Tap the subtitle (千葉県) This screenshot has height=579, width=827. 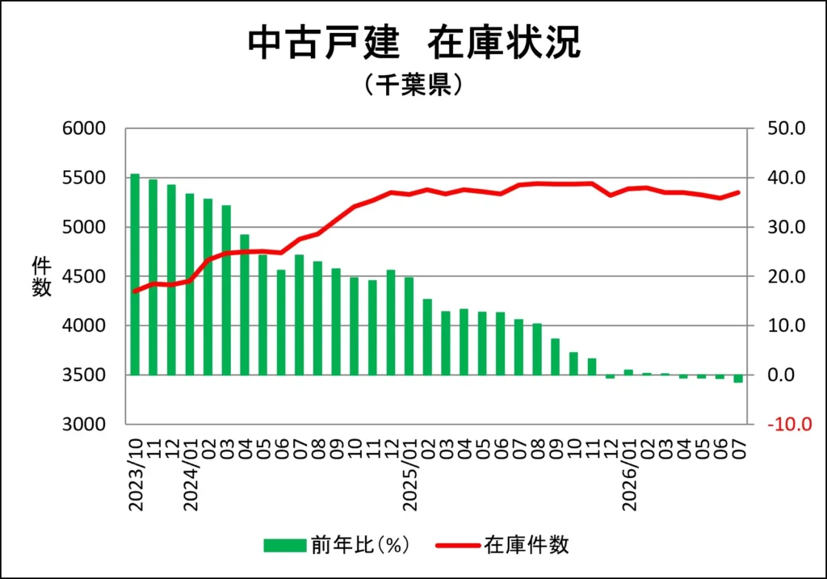pos(413,84)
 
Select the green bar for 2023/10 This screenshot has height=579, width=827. pos(135,275)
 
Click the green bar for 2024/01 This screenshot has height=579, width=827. pos(190,284)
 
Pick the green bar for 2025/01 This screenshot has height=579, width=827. pos(409,326)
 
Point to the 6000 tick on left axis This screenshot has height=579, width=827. pos(84,128)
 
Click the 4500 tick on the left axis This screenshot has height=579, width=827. pos(84,276)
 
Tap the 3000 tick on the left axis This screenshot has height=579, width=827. pos(84,425)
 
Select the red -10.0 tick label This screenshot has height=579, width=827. pos(790,425)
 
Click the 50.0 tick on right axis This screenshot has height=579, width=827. pos(787,128)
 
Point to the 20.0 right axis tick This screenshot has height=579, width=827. pos(787,276)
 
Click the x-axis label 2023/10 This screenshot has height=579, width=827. pos(136,475)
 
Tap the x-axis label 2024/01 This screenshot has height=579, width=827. pos(191,475)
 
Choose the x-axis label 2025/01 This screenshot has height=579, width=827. pos(409,475)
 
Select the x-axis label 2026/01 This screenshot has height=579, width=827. pos(629,475)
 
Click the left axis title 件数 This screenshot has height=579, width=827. pos(41,277)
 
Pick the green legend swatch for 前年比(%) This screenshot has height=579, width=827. pos(285,545)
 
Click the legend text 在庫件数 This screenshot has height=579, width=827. pos(527,545)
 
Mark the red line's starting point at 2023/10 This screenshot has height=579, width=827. pos(135,291)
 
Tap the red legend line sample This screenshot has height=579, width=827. pos(458,545)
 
